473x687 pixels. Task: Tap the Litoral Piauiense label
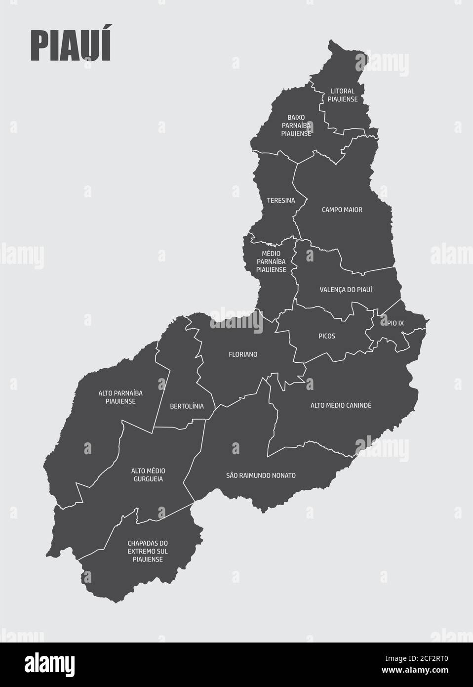(x=343, y=95)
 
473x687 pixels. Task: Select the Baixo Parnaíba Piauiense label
(x=296, y=126)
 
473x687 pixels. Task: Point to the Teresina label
(x=280, y=201)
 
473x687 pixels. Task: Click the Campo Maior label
(x=342, y=210)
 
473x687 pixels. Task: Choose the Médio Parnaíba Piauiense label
(x=271, y=261)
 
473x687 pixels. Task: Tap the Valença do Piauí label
(x=346, y=290)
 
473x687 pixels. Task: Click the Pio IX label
(x=395, y=323)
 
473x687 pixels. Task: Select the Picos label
(x=327, y=336)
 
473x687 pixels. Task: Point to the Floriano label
(x=243, y=354)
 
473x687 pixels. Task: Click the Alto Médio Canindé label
(x=341, y=405)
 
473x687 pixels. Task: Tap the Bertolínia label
(x=187, y=406)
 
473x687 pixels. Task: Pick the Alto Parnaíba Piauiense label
(x=120, y=397)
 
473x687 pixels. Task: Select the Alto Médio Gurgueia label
(x=148, y=475)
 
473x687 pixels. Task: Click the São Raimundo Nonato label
(x=261, y=475)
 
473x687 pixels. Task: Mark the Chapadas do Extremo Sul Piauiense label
(x=148, y=551)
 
